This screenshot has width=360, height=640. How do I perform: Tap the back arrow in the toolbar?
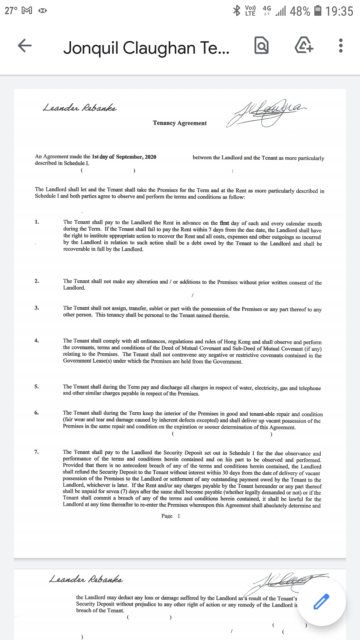[25, 46]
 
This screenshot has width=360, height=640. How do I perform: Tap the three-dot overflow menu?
[340, 46]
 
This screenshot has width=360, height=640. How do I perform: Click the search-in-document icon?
[261, 46]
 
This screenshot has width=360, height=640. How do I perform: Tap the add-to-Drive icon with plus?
[304, 46]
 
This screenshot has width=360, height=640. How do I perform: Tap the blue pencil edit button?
[321, 602]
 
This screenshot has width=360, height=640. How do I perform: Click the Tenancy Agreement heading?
[180, 123]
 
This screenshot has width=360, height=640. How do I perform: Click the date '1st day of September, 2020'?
[124, 157]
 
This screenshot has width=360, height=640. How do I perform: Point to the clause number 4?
[37, 340]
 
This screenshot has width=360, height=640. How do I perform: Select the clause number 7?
[36, 452]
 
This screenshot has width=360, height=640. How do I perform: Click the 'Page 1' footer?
[171, 516]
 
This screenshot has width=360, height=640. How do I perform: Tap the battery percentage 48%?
[300, 11]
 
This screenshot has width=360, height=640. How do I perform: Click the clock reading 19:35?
[339, 11]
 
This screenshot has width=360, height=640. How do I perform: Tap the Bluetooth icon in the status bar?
[236, 11]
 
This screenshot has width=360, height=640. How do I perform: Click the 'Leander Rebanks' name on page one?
[80, 108]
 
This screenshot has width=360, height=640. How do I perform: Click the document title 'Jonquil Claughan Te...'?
[146, 48]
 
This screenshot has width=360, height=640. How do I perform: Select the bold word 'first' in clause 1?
[224, 223]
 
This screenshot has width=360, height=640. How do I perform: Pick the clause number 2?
[37, 281]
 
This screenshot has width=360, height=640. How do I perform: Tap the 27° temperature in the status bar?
[11, 11]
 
